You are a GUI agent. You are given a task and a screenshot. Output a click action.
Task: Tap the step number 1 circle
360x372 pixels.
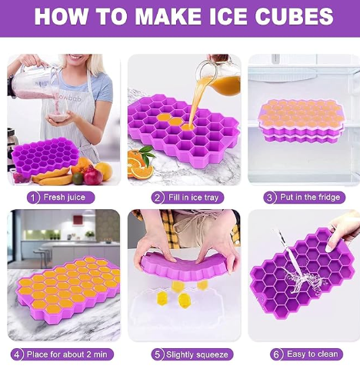coord(33,197)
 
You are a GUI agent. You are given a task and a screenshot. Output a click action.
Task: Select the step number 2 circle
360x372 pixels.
coord(158,197)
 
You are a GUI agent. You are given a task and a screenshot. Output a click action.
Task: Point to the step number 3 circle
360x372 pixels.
coord(270,197)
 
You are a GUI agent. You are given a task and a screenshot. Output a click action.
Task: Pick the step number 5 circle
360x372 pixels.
coord(158,354)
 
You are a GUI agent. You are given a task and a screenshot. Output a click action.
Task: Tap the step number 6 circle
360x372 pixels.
coord(276,354)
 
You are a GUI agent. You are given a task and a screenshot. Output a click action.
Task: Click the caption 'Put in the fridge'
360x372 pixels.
coord(309,197)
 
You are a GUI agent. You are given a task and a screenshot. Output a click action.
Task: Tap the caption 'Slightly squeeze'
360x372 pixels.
coord(196,354)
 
